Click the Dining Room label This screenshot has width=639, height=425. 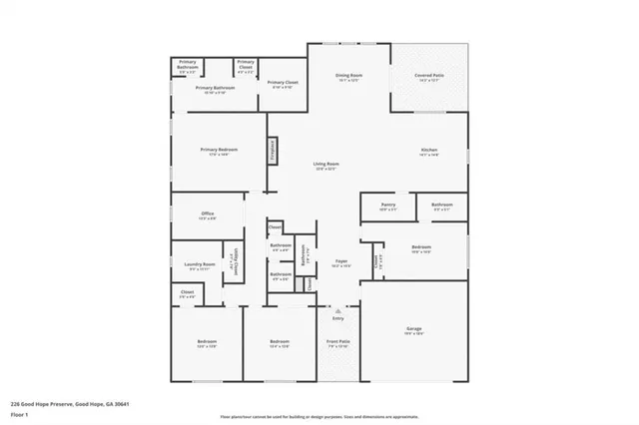pos(347,77)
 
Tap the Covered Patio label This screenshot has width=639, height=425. pos(429,77)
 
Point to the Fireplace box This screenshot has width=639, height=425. pos(271,150)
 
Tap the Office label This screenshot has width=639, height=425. pos(208,213)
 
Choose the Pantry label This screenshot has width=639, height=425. pos(387,206)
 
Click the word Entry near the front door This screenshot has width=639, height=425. pos(339,319)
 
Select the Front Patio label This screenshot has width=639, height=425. pos(338,342)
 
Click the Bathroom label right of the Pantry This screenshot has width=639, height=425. pos(442,206)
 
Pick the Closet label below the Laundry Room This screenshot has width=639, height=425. pos(187,293)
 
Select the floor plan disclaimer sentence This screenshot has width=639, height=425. pos(319,416)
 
